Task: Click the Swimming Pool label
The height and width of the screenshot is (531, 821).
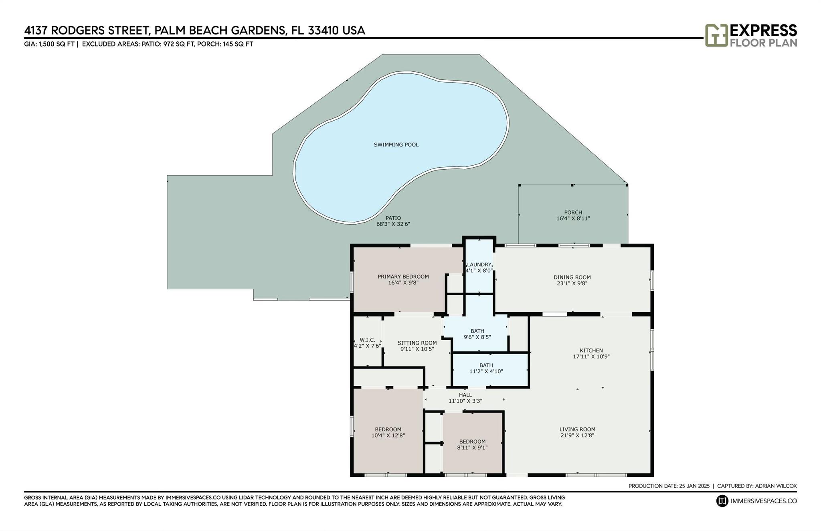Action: [x=396, y=145]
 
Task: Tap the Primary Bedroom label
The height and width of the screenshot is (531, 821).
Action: [x=403, y=277]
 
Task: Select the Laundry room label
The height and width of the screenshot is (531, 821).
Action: [x=479, y=265]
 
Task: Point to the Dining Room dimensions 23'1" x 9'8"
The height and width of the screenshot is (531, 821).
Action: [x=572, y=283]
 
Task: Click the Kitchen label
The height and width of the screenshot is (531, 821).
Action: [x=591, y=351]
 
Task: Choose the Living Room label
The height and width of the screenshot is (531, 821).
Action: [x=578, y=429]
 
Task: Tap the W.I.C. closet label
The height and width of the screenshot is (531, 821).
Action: [x=367, y=340]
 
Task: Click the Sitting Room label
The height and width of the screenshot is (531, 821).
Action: [x=417, y=343]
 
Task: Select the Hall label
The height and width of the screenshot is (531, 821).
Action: [x=465, y=395]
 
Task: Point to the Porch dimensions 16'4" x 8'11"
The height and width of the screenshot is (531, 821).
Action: [x=573, y=219]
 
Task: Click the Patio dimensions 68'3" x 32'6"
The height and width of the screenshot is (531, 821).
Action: [x=393, y=224]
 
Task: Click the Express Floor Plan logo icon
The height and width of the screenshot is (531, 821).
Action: [x=716, y=35]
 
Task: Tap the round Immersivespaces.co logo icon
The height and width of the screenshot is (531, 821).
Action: [x=722, y=501]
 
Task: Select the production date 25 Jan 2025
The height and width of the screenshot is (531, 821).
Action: [x=694, y=486]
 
